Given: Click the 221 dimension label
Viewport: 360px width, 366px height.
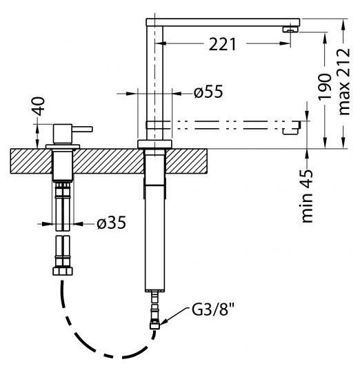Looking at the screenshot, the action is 222,44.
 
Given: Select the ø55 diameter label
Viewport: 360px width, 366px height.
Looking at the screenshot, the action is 208,91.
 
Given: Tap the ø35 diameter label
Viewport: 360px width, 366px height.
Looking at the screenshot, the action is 112,223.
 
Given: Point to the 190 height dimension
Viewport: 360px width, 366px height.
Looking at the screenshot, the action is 325,87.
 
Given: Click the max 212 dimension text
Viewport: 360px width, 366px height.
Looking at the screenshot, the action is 344,81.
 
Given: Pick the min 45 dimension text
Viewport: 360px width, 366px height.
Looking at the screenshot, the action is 307,196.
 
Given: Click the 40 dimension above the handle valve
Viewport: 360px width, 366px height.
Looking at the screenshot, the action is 39,106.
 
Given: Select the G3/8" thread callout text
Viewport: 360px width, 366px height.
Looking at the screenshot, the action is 212,309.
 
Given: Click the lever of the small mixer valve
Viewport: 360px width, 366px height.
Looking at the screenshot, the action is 82,129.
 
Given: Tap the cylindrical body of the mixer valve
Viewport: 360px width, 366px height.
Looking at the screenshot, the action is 62,134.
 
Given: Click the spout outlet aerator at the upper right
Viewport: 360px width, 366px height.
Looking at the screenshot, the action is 290,30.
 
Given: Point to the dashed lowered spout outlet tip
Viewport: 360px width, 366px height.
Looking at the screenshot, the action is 291,128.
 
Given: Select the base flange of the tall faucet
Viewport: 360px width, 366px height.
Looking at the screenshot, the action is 154,144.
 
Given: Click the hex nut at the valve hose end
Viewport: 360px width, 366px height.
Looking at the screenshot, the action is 63,271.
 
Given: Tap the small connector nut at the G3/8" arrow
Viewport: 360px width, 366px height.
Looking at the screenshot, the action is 154,325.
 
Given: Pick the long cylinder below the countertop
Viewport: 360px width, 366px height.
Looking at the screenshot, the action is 154,238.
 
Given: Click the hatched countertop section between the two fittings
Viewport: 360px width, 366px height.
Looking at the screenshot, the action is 108,161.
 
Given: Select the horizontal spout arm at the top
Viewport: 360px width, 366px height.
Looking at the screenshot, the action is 223,22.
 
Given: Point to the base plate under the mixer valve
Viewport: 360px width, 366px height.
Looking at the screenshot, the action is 63,147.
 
